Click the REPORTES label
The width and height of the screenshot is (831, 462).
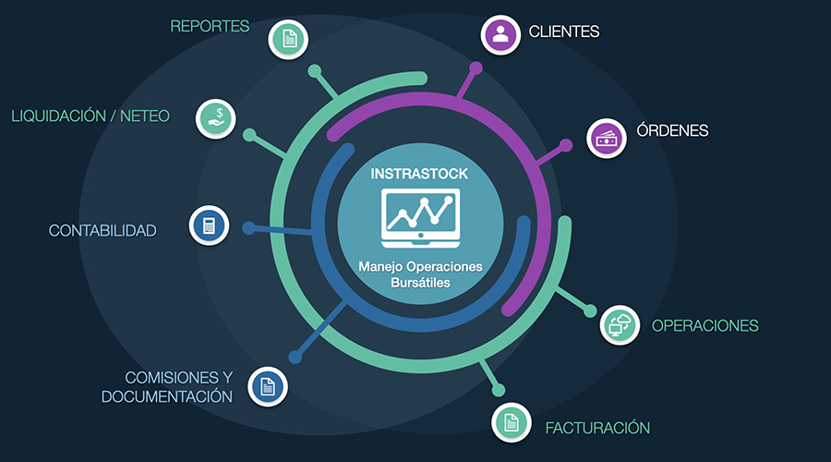pos(210,26)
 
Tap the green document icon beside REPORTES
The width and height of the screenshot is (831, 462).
pos(289,39)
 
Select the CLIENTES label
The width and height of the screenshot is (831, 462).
pos(564,31)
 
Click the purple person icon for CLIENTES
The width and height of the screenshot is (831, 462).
pos(500,34)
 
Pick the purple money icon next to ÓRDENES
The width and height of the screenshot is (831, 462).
pos(607,139)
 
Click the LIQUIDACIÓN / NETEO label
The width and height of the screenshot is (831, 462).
pos(90,116)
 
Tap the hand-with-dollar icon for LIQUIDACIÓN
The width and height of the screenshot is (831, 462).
pos(215,118)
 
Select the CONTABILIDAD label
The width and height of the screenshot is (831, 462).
pos(102,230)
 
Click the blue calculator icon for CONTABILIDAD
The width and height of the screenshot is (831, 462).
pos(209,225)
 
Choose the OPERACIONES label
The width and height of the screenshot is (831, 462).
pos(705,325)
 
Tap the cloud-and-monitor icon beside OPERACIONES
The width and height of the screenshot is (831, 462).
pos(620,324)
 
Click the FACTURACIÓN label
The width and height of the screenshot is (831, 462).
pos(597,428)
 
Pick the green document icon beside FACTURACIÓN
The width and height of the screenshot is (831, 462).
pos(510,422)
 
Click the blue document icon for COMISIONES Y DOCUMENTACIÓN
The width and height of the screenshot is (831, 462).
pos(267,385)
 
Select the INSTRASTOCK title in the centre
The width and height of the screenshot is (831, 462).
pos(420,174)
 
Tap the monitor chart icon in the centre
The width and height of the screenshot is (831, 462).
pos(420,215)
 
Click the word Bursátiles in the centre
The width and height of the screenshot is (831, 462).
pos(420,283)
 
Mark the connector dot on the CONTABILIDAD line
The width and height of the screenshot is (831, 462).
pos(247,227)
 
